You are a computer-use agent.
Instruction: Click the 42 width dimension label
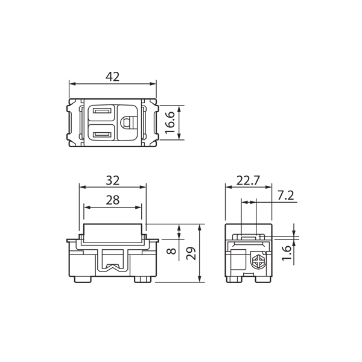112,77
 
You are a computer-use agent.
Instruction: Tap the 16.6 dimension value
170,122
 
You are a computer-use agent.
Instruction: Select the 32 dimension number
112,180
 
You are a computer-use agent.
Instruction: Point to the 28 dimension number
112,200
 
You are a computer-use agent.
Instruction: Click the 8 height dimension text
171,248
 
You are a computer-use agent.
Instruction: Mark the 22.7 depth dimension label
248,180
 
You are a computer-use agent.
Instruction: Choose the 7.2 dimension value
286,195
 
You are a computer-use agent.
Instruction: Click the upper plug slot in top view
101,111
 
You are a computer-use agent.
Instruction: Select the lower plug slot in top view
101,134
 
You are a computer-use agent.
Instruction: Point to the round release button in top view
127,122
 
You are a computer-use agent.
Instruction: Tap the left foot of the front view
83,279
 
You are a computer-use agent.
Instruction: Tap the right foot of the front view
142,279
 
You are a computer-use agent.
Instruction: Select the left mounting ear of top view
74,122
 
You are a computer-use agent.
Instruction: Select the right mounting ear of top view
152,122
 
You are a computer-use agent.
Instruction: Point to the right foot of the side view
262,279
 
